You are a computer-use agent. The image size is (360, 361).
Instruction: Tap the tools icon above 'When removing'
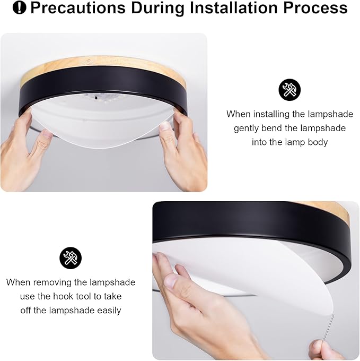71,259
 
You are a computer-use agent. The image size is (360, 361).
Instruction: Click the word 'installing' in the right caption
274,114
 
